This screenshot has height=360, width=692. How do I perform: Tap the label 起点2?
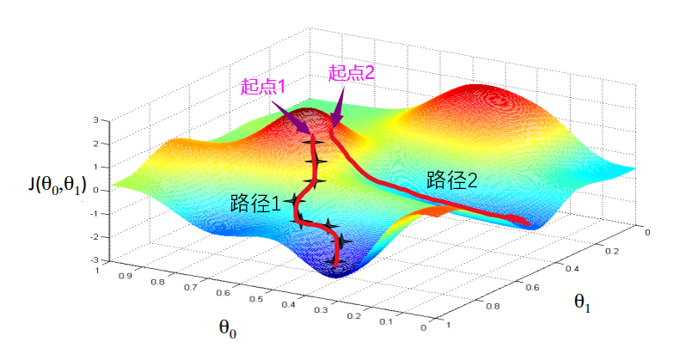[352, 73]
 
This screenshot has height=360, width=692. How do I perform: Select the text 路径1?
[255, 204]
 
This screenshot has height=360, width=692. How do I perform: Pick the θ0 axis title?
[227, 329]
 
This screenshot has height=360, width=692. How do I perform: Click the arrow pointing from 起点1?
[293, 117]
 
